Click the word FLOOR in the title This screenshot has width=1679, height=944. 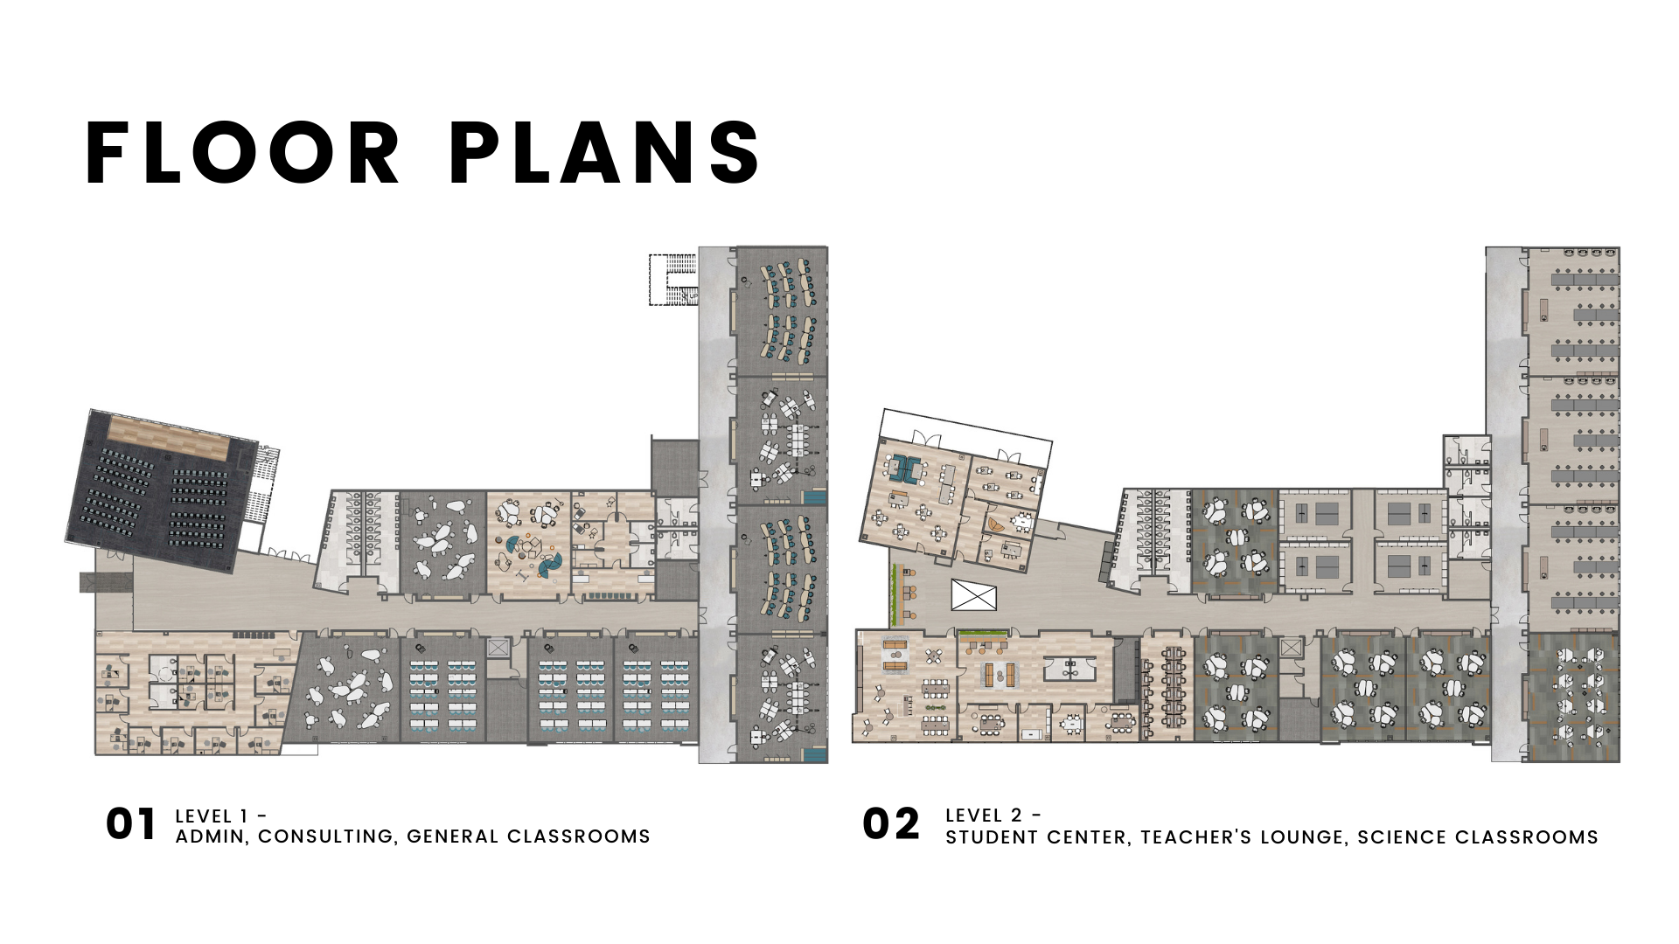tap(242, 153)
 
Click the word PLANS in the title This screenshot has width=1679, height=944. tap(604, 153)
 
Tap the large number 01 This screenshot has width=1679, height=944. tap(131, 824)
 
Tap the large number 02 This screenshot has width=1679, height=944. tap(891, 824)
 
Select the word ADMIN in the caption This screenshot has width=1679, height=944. tap(211, 836)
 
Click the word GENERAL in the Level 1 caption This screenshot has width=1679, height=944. tap(452, 836)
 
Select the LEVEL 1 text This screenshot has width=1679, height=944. tap(212, 816)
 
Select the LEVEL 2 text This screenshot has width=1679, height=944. tap(984, 816)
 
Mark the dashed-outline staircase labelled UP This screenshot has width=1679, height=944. tap(672, 279)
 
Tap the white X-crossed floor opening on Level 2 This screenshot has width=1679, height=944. tap(973, 596)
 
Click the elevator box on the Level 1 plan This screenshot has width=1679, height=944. tap(498, 648)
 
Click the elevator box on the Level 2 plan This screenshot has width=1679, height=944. tap(1291, 648)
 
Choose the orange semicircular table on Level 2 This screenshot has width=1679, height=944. tap(996, 524)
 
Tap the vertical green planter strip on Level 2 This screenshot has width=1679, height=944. tap(895, 594)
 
